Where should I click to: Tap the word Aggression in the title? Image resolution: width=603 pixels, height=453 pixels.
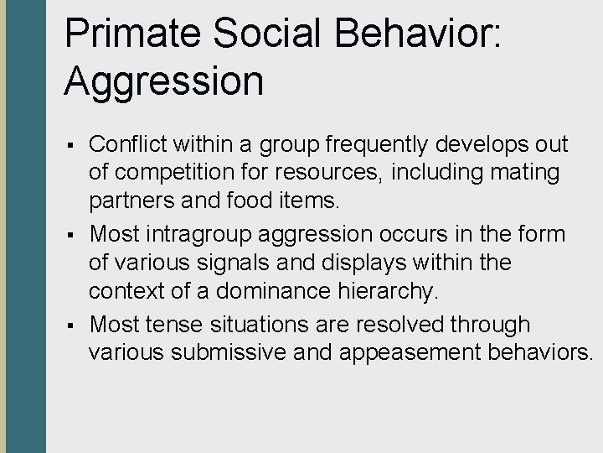(163, 81)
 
